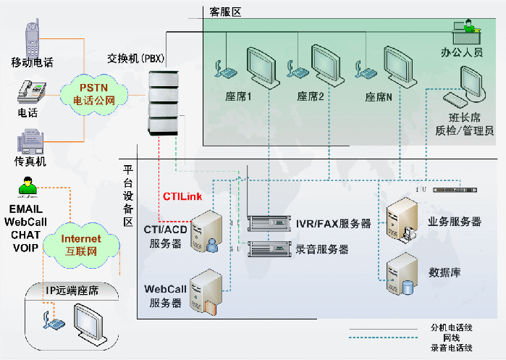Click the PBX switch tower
tap(161, 101)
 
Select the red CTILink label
tap(182, 196)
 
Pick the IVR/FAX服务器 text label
tap(334, 224)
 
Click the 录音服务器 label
tap(323, 249)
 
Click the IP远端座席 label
tap(72, 291)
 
